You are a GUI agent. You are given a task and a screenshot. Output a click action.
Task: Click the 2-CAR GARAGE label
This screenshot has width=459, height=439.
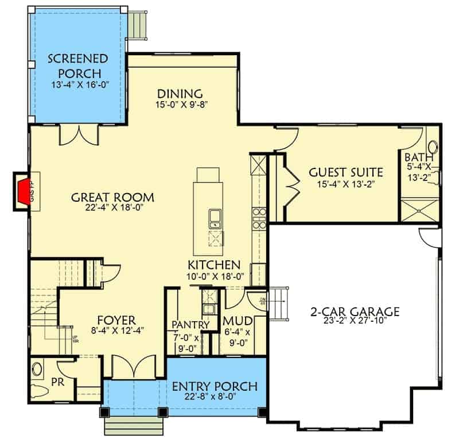tap(355, 312)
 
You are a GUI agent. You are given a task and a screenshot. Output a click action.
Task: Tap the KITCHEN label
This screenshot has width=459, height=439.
tap(214, 265)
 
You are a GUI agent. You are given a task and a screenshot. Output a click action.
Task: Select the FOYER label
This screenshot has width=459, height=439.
tap(116, 319)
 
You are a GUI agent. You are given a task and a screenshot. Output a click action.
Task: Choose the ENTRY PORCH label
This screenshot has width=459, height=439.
tap(215, 386)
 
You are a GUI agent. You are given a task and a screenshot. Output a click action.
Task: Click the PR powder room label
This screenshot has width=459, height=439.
tap(57, 381)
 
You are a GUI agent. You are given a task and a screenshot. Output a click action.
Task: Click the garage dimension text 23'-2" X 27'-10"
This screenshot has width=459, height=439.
tap(355, 323)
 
